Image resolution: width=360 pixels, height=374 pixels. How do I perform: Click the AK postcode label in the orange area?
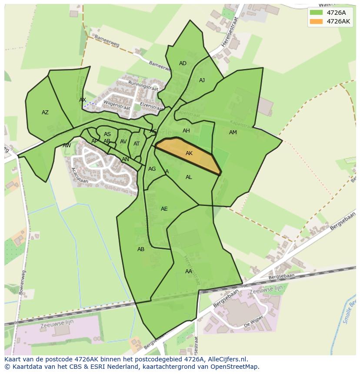pyautogui.click(x=189, y=153)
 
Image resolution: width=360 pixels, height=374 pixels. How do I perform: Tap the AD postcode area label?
pyautogui.click(x=183, y=63)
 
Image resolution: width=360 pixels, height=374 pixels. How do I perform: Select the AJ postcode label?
pyautogui.click(x=202, y=80)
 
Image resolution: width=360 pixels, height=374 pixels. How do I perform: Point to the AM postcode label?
pyautogui.click(x=233, y=132)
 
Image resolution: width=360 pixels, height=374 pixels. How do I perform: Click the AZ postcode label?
pyautogui.click(x=45, y=113)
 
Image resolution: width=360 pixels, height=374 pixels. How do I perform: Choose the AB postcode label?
pyautogui.click(x=141, y=249)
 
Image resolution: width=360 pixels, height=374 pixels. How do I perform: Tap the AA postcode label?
pyautogui.click(x=189, y=271)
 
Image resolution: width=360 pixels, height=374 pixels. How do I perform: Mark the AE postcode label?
pyautogui.click(x=164, y=209)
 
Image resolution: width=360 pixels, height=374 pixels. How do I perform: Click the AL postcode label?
pyautogui.click(x=189, y=177)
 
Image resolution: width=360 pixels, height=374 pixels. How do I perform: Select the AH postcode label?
pyautogui.click(x=186, y=131)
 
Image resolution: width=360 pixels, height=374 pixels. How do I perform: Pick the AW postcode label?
pyautogui.click(x=67, y=146)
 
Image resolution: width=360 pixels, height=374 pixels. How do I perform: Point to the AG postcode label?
pyautogui.click(x=152, y=169)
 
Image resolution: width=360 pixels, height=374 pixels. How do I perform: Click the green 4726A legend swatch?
pyautogui.click(x=316, y=13)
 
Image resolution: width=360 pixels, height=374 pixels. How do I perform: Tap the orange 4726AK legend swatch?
pyautogui.click(x=316, y=21)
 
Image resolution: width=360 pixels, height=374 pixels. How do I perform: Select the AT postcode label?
pyautogui.click(x=137, y=144)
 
